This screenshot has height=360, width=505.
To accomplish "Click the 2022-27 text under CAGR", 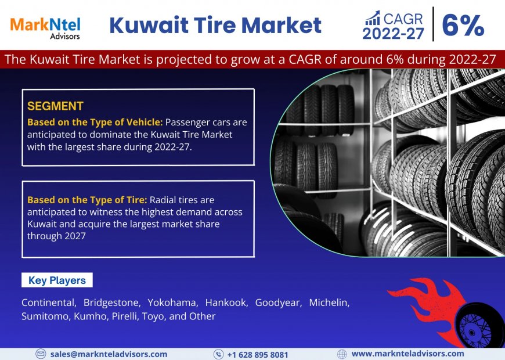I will pyautogui.click(x=394, y=34).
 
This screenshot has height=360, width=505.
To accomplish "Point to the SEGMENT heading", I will pyautogui.click(x=55, y=106).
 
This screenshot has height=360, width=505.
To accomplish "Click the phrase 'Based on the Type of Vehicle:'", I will pyautogui.click(x=95, y=122).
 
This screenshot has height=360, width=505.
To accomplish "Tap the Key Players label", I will pyautogui.click(x=57, y=280).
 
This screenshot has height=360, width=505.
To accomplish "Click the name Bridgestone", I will pyautogui.click(x=111, y=303).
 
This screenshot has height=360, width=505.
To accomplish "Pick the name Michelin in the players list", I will pyautogui.click(x=329, y=303).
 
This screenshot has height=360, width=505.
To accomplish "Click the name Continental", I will pyautogui.click(x=48, y=303).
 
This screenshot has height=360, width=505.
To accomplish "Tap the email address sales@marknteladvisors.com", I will pyautogui.click(x=109, y=354).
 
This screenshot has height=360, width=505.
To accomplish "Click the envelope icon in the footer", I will pyautogui.click(x=41, y=354).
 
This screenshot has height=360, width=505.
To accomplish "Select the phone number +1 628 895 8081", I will pyautogui.click(x=257, y=354).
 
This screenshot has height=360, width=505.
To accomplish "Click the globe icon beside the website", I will pyautogui.click(x=342, y=354).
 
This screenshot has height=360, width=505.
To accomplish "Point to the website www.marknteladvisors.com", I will pyautogui.click(x=407, y=353).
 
